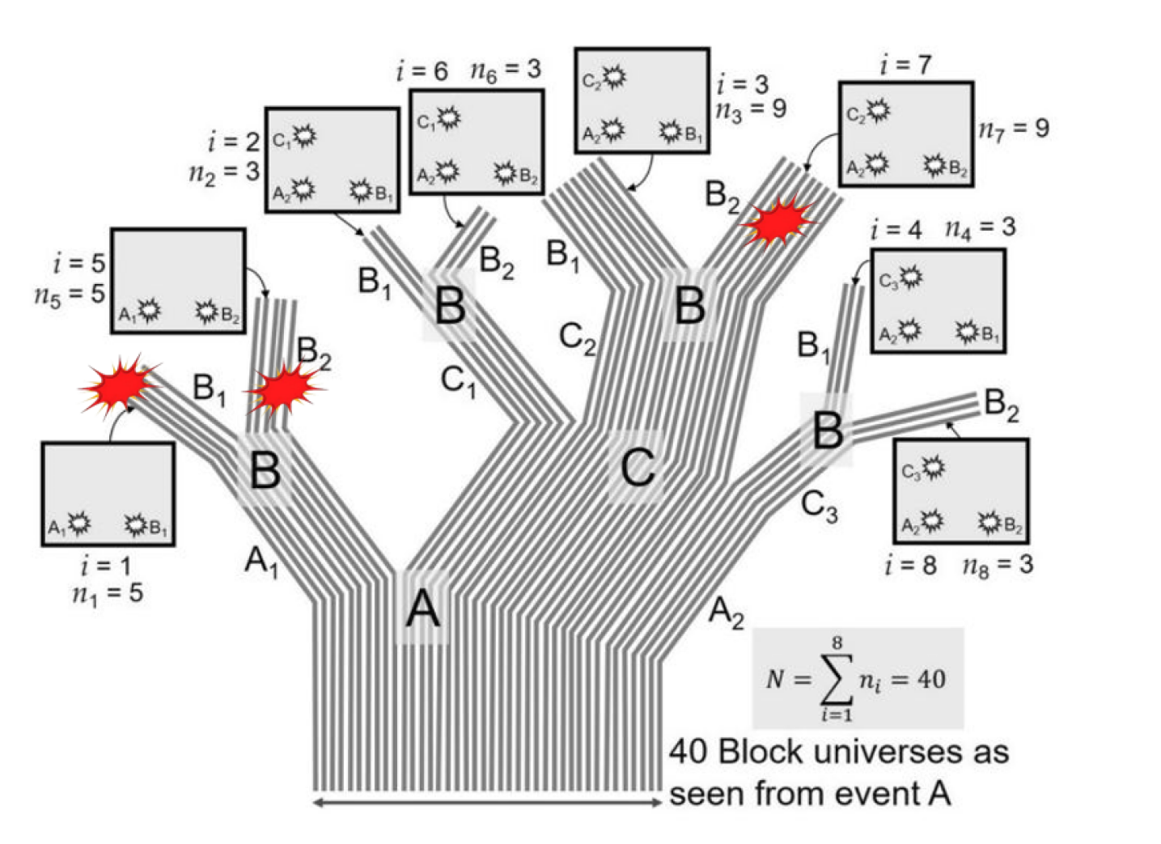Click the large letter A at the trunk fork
(422, 609)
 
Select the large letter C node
(638, 467)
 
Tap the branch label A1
(261, 560)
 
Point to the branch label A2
(726, 612)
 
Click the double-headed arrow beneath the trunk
(487, 803)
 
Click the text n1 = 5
(107, 594)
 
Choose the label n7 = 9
(1014, 128)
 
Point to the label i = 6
(422, 71)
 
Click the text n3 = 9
(750, 109)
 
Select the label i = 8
(910, 565)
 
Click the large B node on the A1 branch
(265, 470)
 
